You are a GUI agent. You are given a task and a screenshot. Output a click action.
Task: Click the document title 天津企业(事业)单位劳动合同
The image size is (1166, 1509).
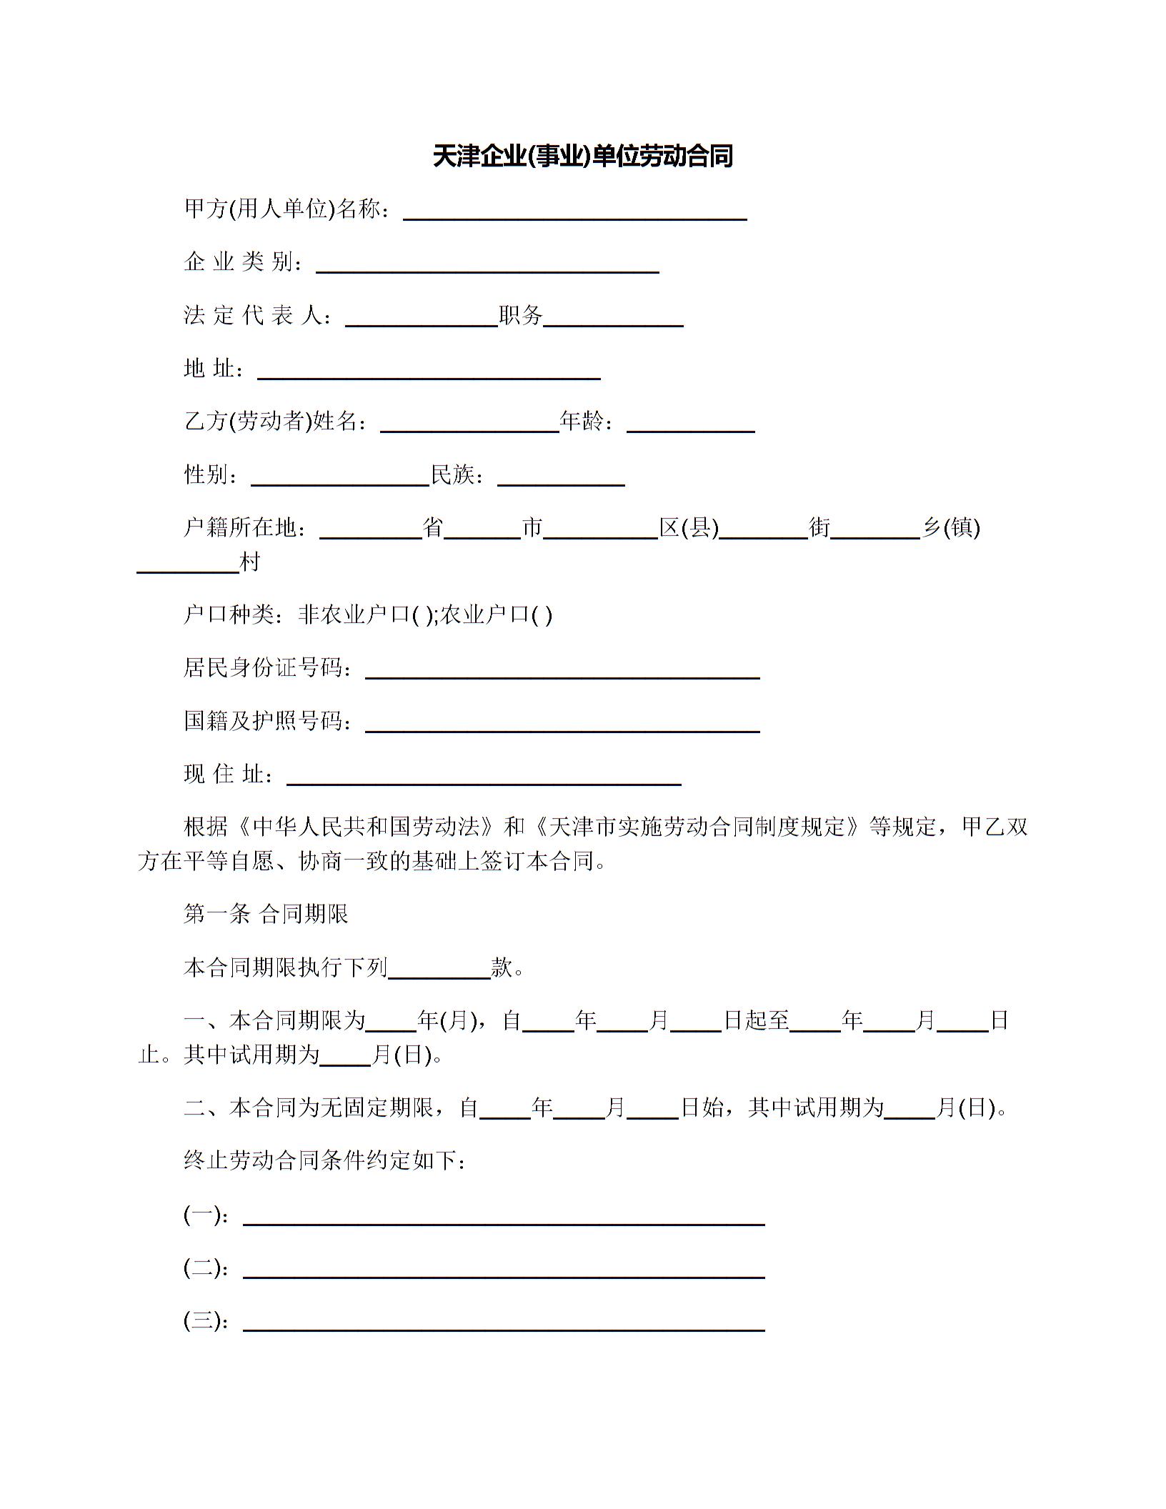click(582, 156)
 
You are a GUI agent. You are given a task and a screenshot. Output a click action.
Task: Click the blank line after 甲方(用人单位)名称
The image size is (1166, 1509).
click(575, 212)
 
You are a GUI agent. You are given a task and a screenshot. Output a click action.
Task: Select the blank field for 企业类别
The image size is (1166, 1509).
click(487, 265)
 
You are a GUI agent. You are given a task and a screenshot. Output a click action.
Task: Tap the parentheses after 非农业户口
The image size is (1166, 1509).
click(422, 615)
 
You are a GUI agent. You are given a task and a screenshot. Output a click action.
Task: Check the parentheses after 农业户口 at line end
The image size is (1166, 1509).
click(542, 615)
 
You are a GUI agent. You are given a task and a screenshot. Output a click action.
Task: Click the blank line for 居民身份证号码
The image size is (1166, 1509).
click(562, 671)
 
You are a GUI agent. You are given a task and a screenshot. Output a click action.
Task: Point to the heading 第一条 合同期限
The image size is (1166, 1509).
click(266, 915)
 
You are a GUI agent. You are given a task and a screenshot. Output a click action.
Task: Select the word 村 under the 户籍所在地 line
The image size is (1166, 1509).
click(250, 563)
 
